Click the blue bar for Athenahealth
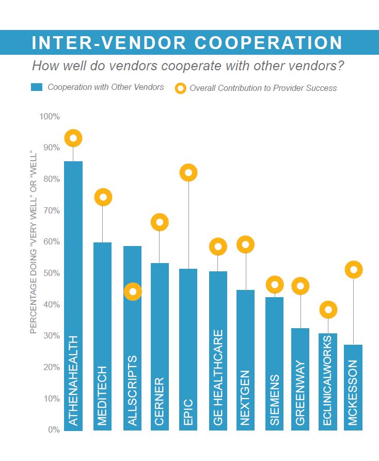pos(73,295)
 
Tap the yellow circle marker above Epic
pos(189,173)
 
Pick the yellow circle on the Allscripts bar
pos(133,291)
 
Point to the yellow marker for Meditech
pos(103,197)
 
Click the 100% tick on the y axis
pos(50,116)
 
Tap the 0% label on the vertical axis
pos(54,429)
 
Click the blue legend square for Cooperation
pos(36,87)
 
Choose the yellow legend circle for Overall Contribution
pos(180,88)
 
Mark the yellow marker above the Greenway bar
pos(300,286)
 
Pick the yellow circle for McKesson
pos(354,269)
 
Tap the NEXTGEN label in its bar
pos(246,398)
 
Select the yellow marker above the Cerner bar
pos(160,222)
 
